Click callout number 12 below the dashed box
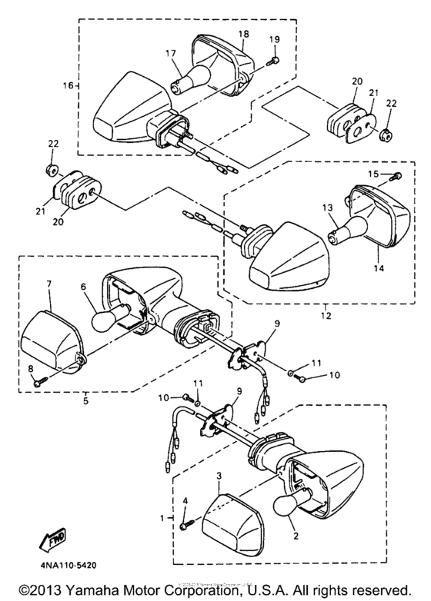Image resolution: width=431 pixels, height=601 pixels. pos(325,315)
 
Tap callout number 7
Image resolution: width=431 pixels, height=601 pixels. pos(48,284)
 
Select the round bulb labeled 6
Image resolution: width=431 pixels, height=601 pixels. pos(102,318)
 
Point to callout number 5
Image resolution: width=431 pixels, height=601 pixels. pos(85,399)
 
